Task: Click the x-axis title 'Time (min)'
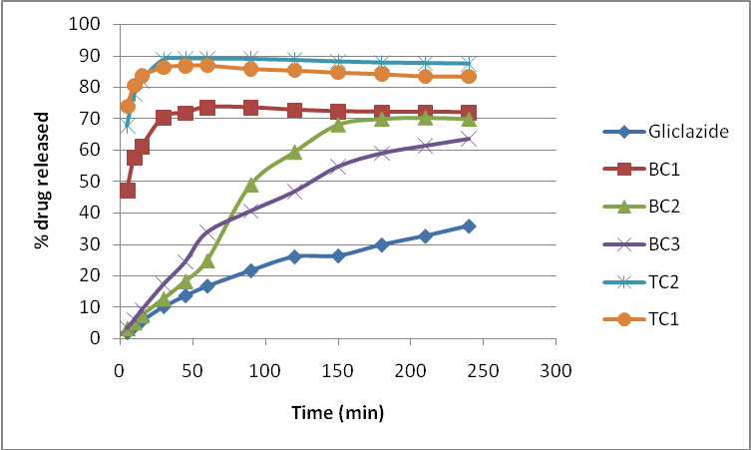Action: point(338,412)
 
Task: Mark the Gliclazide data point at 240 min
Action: point(469,225)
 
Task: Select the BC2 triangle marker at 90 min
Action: point(251,185)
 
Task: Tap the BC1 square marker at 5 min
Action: point(128,191)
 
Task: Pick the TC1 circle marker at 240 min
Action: point(469,77)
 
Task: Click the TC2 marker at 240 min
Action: point(469,63)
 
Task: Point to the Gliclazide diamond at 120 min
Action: point(294,256)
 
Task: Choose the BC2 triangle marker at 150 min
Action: point(338,125)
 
